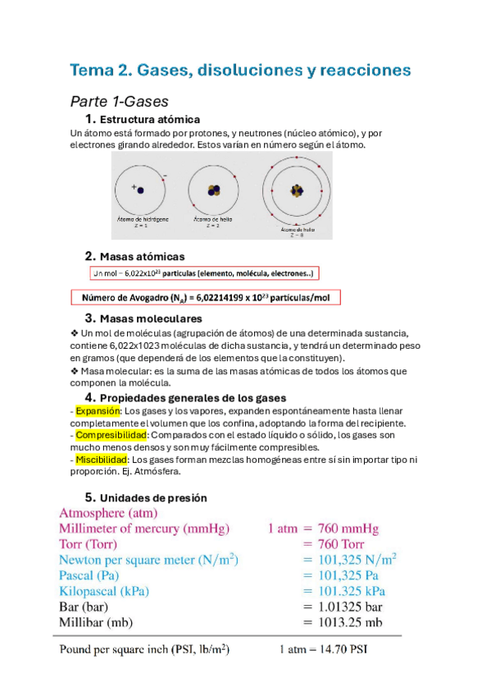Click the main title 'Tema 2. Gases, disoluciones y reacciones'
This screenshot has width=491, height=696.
click(x=240, y=70)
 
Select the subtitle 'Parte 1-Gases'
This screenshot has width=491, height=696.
click(x=120, y=102)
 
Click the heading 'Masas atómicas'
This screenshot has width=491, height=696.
click(x=141, y=256)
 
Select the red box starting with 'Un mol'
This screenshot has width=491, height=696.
click(x=204, y=273)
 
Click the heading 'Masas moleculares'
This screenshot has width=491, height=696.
click(x=150, y=318)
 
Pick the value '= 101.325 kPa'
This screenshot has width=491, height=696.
click(x=344, y=591)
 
